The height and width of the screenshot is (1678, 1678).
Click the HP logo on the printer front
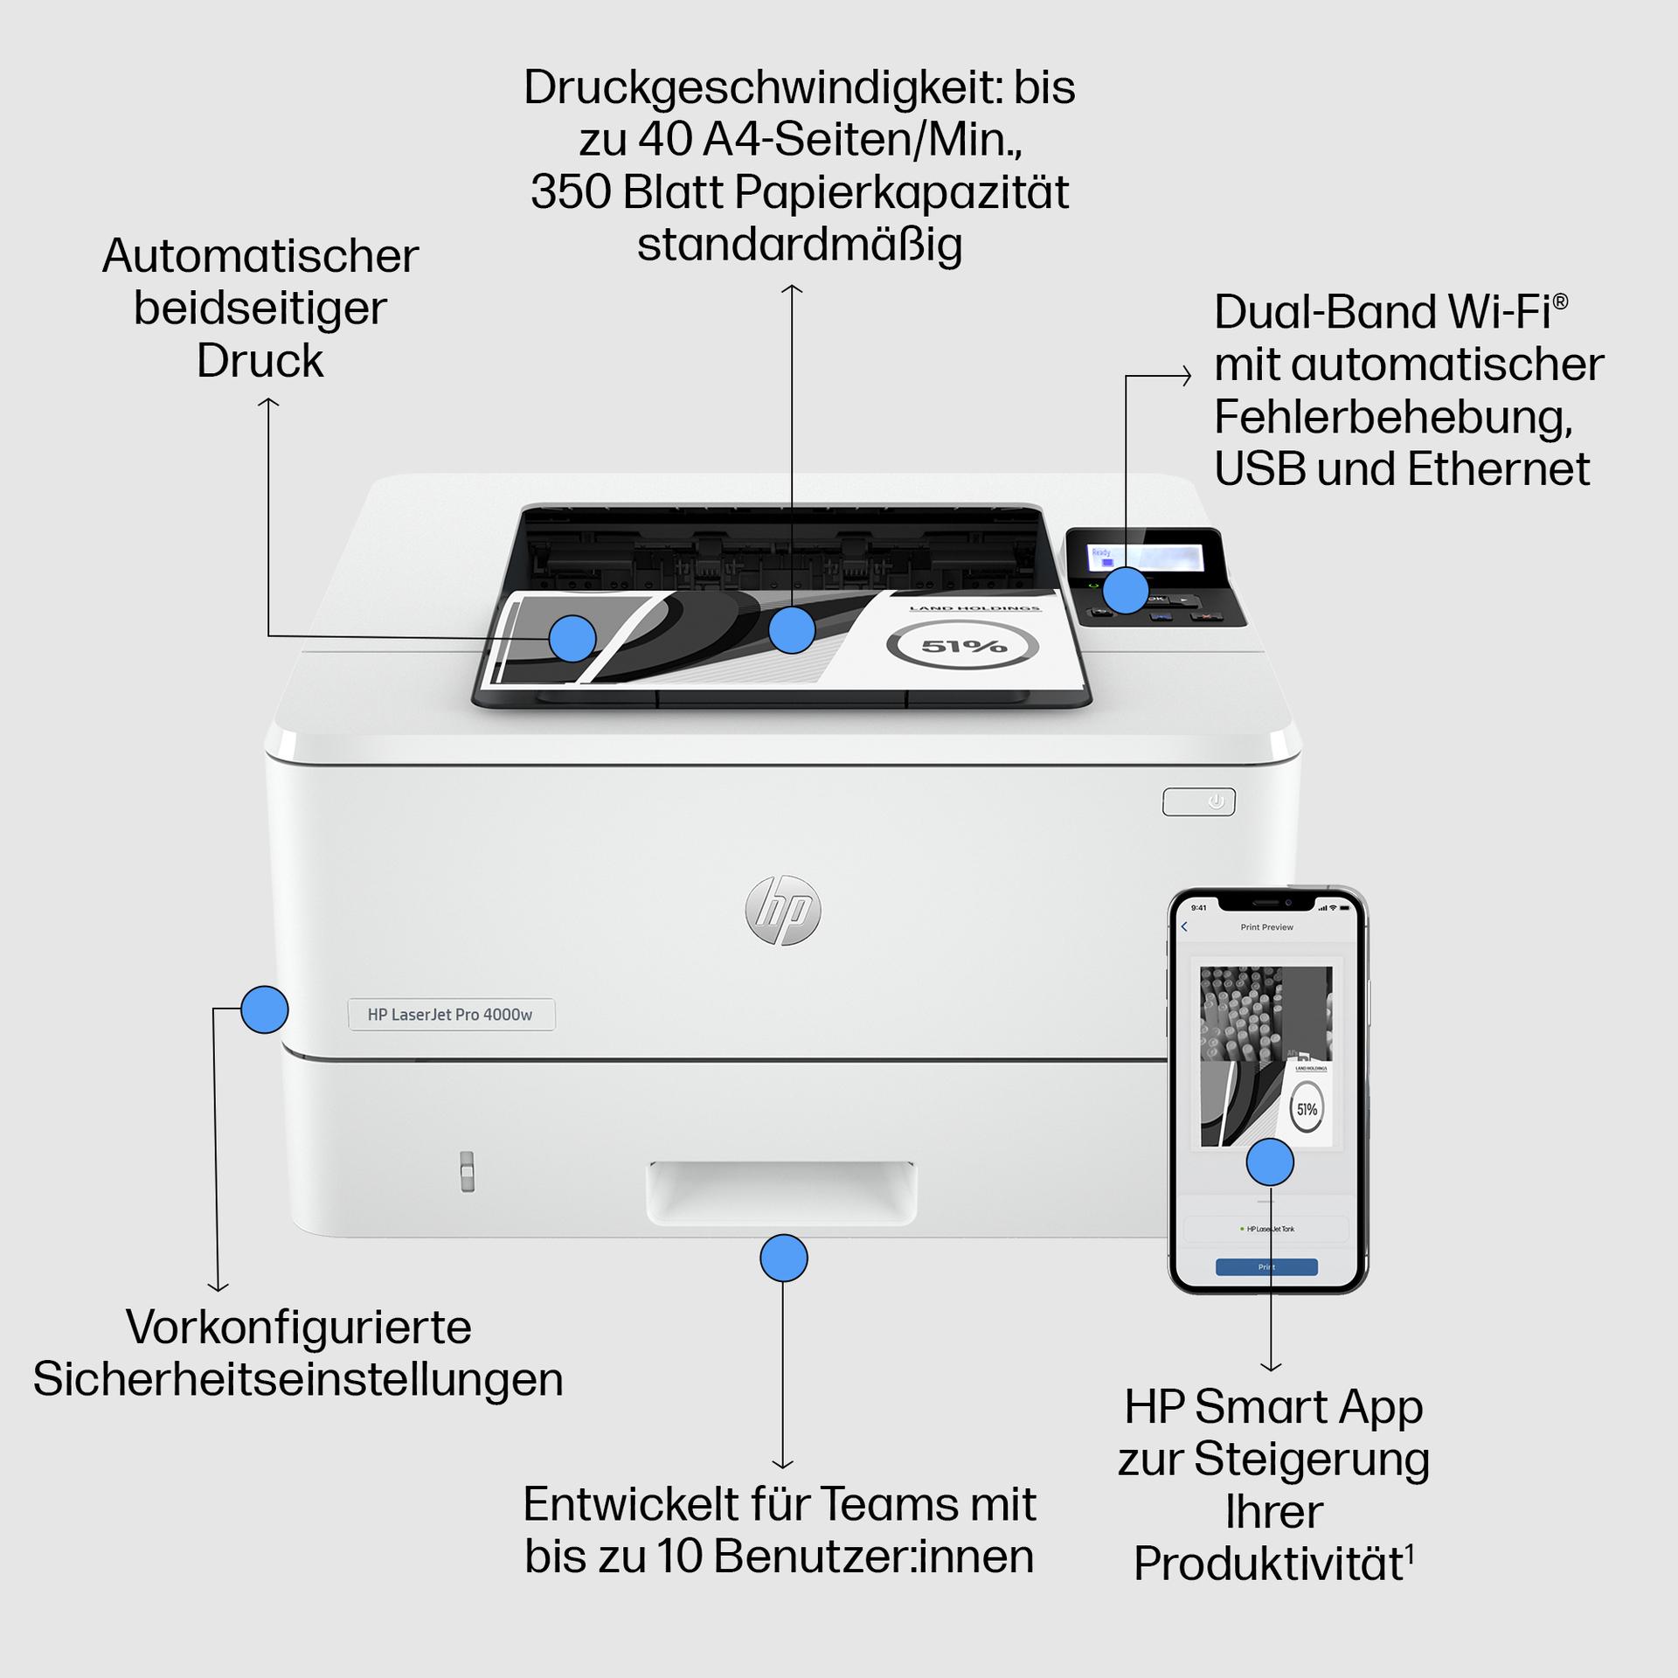tap(783, 910)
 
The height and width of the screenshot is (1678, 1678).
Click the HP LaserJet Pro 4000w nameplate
tap(451, 1015)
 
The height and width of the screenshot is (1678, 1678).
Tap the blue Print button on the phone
tap(1266, 1266)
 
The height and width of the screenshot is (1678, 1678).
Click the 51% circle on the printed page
tap(963, 647)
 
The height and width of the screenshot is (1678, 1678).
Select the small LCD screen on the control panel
tap(1145, 557)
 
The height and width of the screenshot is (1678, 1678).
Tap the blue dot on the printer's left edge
tap(264, 1010)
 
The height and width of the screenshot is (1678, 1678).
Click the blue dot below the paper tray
tap(784, 1258)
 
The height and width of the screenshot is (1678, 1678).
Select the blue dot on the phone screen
tap(1270, 1162)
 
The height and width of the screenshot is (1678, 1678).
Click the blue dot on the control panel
tap(1126, 591)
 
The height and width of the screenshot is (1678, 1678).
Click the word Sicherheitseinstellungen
tap(298, 1379)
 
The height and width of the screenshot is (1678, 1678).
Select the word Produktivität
tap(1268, 1564)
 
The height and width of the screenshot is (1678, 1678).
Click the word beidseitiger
tap(260, 309)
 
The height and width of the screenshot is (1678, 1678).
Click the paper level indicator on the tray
tap(468, 1171)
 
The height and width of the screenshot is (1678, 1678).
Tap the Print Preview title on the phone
tap(1266, 927)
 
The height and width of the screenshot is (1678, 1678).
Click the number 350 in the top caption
tap(572, 192)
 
